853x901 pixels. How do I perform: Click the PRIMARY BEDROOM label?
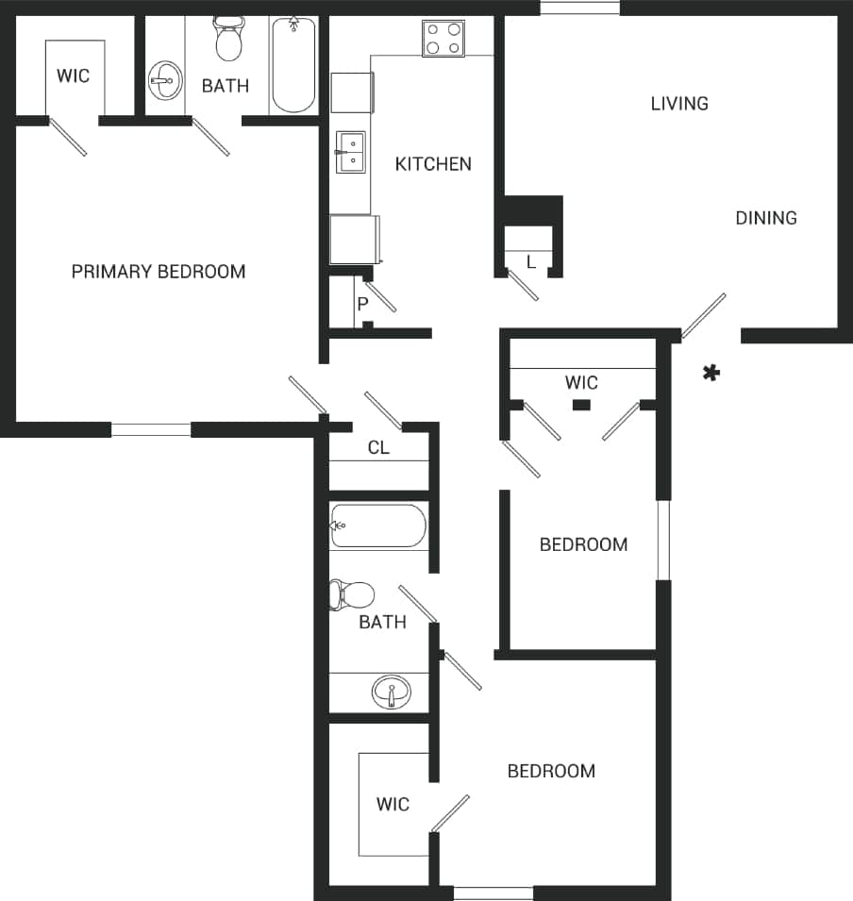(x=159, y=272)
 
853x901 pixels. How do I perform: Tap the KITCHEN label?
(x=432, y=164)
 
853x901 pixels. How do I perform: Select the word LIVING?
(x=679, y=104)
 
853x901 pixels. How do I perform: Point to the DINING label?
(x=766, y=218)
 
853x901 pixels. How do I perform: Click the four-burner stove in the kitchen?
(x=443, y=38)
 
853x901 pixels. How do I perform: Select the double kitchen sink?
(x=351, y=153)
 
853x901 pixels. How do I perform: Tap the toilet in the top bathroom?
(x=228, y=40)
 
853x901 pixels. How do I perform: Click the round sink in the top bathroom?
(x=166, y=81)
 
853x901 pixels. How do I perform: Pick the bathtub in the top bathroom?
(x=293, y=64)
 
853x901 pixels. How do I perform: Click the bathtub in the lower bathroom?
(x=377, y=526)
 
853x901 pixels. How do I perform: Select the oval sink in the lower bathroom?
(x=390, y=693)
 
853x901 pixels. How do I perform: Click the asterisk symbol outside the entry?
(x=711, y=374)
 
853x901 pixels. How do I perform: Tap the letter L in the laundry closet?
(x=531, y=262)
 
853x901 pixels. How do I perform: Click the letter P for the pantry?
(x=361, y=304)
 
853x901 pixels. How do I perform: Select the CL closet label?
(x=378, y=448)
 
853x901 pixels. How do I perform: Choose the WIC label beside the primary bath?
(x=74, y=75)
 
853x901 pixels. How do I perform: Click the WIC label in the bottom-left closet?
(x=393, y=804)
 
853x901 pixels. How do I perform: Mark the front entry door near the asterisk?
(x=704, y=316)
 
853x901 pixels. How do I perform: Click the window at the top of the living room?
(x=579, y=8)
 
